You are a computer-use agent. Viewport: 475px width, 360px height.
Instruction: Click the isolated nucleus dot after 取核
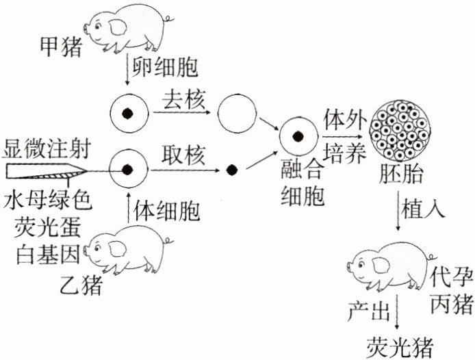pos(231,168)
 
